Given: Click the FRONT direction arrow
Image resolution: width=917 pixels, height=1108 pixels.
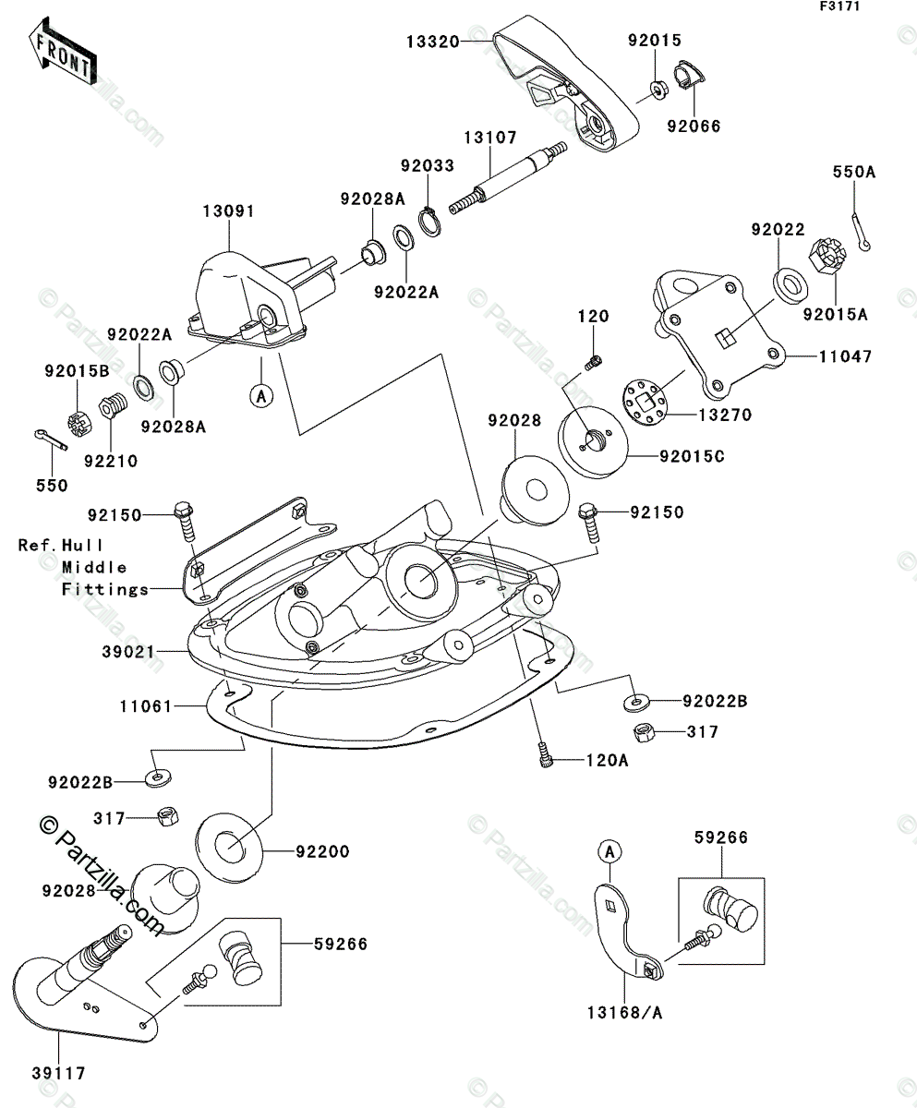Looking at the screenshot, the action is [x=63, y=52].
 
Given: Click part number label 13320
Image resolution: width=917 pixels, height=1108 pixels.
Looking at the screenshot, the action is [x=432, y=42].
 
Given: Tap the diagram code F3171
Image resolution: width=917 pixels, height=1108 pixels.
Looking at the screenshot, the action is [x=840, y=6].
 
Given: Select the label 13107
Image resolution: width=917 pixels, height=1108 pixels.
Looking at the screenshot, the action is [x=490, y=138].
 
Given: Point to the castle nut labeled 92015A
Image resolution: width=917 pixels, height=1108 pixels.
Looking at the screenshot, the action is [x=827, y=257].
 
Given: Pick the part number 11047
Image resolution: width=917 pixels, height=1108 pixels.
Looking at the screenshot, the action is [x=846, y=356].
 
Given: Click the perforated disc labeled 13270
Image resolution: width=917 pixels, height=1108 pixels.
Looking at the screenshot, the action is [x=645, y=403].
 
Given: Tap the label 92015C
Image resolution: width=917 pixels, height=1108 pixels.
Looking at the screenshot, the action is [x=692, y=456].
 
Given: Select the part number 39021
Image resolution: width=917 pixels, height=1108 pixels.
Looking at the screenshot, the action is [x=128, y=652].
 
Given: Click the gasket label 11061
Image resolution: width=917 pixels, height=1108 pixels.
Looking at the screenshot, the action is [x=146, y=706].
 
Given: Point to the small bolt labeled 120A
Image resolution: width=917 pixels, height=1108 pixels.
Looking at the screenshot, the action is [x=544, y=754].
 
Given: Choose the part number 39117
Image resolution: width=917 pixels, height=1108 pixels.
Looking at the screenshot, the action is [x=59, y=1073].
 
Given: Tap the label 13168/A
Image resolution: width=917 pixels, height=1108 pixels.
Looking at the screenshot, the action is [x=625, y=1013].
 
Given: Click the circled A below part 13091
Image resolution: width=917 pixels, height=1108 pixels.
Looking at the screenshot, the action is [x=261, y=395].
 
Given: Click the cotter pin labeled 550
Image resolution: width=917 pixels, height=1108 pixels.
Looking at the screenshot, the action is [x=51, y=440].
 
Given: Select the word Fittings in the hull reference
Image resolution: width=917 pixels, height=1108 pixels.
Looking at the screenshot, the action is [x=105, y=590].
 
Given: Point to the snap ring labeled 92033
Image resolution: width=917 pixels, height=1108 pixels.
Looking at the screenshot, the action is [x=429, y=223].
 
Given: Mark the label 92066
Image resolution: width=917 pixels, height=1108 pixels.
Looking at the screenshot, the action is [x=694, y=126].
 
